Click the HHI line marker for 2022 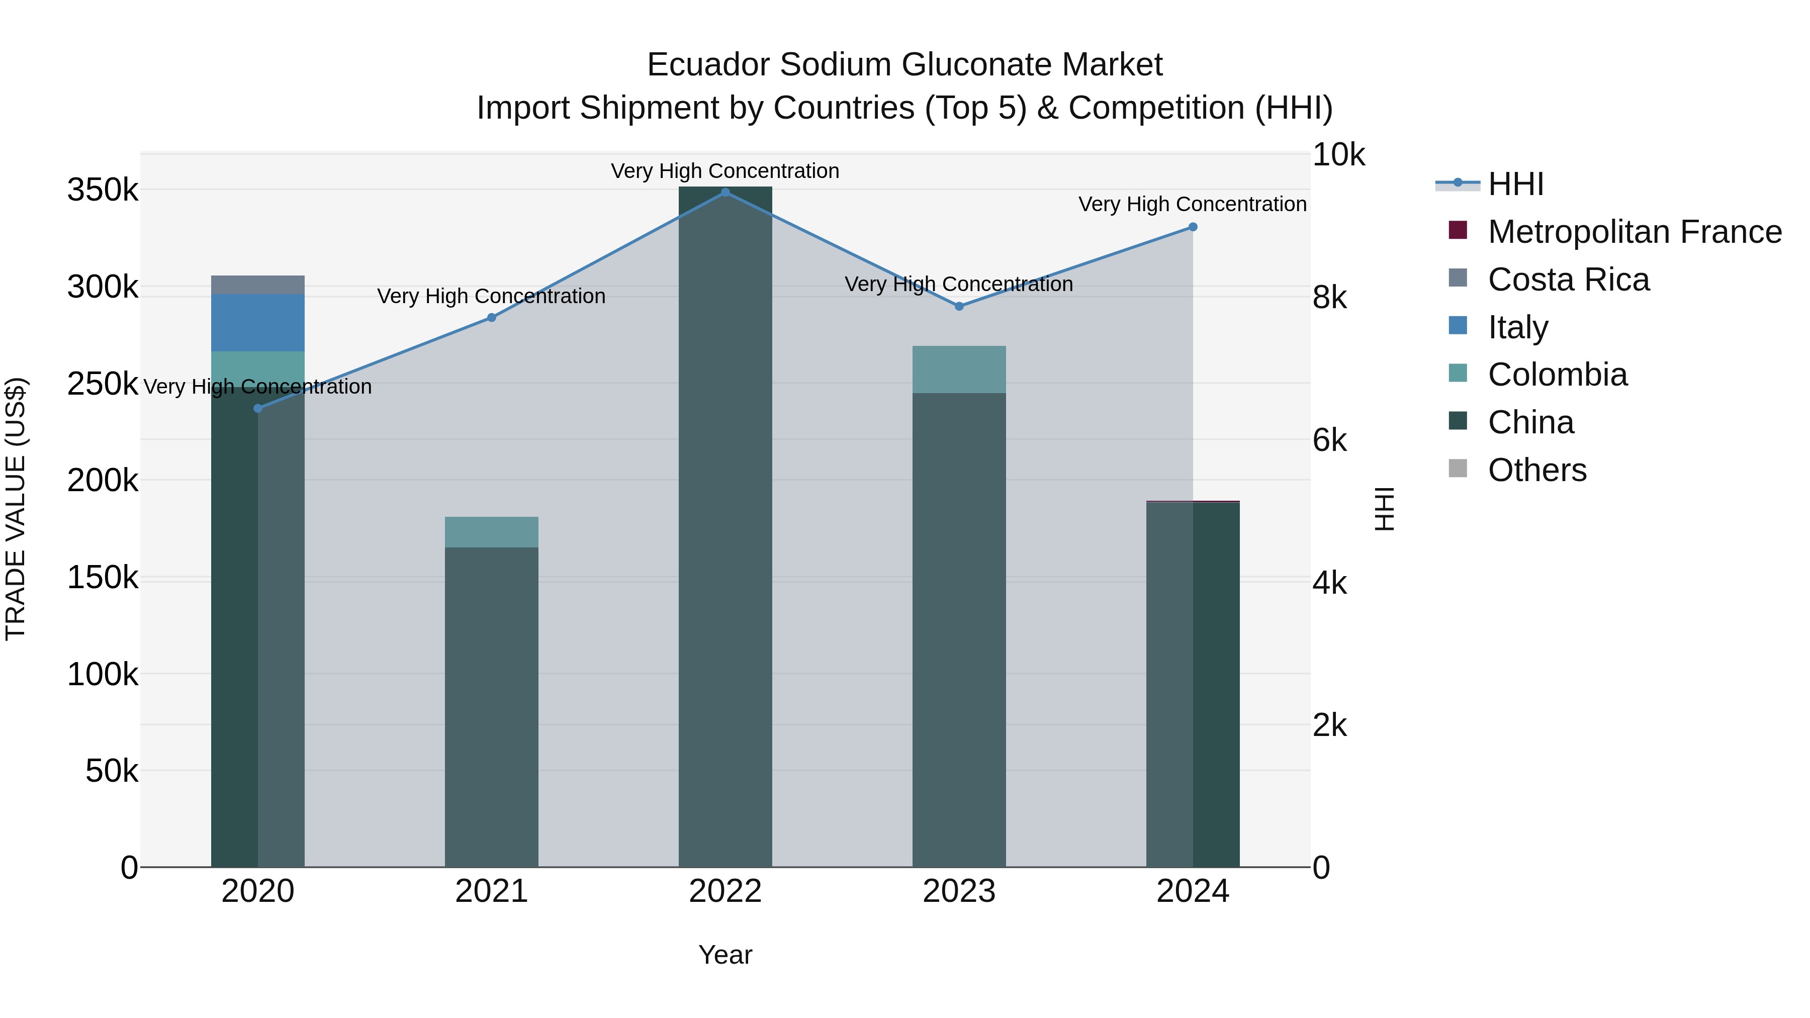point(725,193)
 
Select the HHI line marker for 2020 point(258,408)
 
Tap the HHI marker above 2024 point(1193,227)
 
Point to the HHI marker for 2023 point(959,306)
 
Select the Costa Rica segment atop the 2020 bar point(258,285)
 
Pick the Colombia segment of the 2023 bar point(959,369)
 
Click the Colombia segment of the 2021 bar point(491,532)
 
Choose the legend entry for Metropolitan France point(1635,232)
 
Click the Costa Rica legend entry point(1568,280)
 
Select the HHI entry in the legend point(1515,184)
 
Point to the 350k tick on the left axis point(103,190)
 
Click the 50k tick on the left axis point(112,771)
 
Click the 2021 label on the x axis point(491,891)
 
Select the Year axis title point(725,955)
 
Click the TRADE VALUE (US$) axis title point(16,509)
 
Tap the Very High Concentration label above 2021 point(491,297)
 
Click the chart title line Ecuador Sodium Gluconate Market point(904,65)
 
